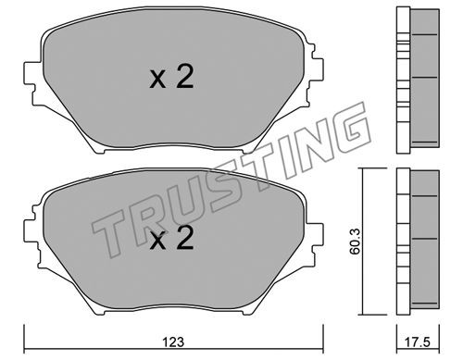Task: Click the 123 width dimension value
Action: point(173,341)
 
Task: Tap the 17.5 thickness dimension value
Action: point(419,341)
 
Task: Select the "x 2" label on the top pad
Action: point(171,78)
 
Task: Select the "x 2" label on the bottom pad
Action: point(171,238)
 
